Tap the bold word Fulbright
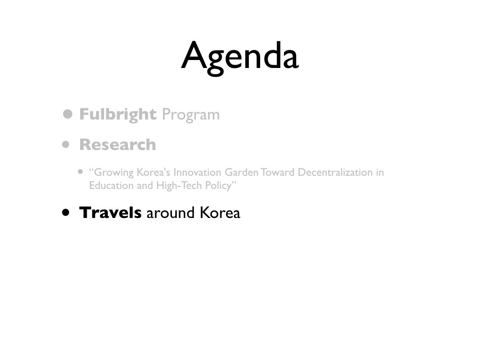click(118, 114)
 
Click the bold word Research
click(118, 144)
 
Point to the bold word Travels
click(110, 212)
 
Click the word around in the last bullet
click(171, 213)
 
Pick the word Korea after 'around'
click(220, 212)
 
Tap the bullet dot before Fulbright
click(67, 114)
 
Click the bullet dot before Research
click(66, 144)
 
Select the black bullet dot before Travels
click(66, 212)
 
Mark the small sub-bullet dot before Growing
click(81, 172)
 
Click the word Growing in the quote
click(114, 172)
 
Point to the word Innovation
click(197, 172)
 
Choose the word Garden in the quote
click(242, 172)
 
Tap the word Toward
click(277, 172)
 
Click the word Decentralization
click(335, 172)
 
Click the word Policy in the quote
click(218, 186)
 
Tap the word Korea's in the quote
click(153, 172)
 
